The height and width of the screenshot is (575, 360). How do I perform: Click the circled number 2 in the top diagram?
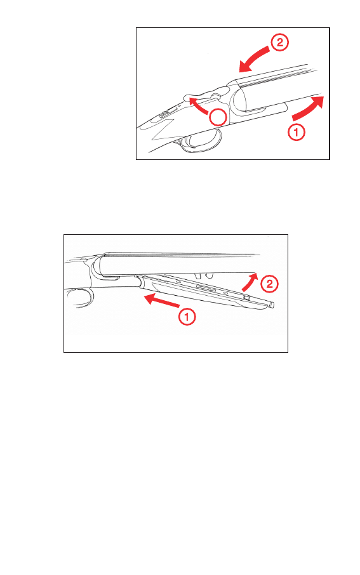[x=279, y=43]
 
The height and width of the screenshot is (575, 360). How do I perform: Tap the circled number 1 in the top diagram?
[x=296, y=131]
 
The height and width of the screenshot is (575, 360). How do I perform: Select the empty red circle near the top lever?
[x=218, y=117]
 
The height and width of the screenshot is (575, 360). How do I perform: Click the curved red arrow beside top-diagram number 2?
[x=255, y=58]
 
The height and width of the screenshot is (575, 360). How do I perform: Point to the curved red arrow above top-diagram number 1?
[x=309, y=108]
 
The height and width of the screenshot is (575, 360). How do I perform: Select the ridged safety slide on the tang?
[x=166, y=112]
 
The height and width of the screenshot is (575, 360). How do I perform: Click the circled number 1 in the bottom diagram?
[x=187, y=317]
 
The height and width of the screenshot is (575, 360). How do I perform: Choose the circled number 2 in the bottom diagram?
[x=269, y=284]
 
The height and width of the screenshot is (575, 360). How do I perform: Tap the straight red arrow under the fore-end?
[x=162, y=301]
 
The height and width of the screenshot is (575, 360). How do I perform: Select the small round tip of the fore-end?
[x=272, y=304]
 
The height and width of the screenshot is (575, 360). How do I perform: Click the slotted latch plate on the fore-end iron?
[x=206, y=288]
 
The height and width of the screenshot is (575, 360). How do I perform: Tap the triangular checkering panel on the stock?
[x=162, y=130]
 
